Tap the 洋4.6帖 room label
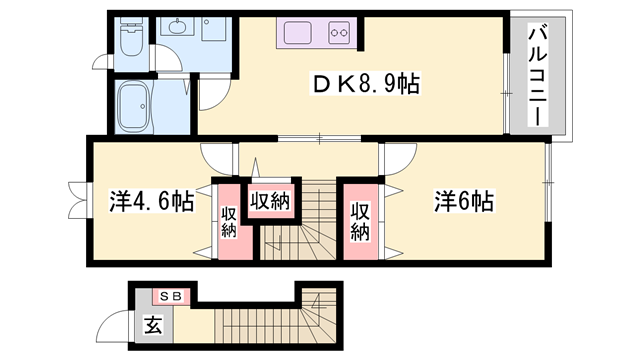tap(151, 201)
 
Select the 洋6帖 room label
tap(463, 201)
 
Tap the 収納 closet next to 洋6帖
tap(359, 221)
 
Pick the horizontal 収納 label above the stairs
tap(270, 200)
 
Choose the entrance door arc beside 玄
tap(115, 327)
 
